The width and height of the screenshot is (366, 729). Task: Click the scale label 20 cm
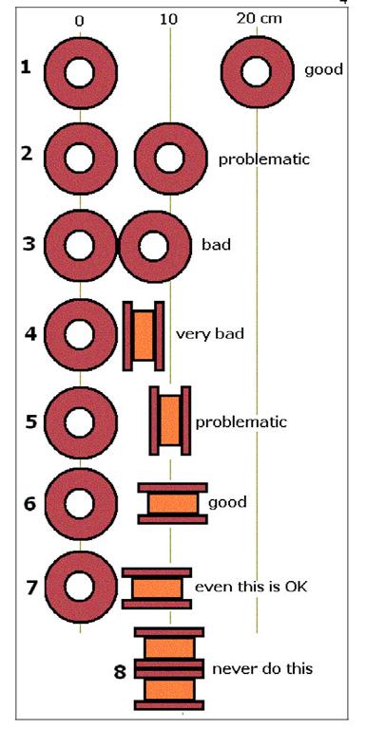tap(259, 19)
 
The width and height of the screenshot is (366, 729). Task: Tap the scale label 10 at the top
tap(168, 20)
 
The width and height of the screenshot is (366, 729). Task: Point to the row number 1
tap(26, 68)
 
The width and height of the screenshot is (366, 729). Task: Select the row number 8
tap(120, 672)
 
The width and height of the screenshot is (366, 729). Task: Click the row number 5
tap(31, 422)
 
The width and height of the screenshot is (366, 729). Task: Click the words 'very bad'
tap(209, 334)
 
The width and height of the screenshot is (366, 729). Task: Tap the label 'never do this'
tap(262, 669)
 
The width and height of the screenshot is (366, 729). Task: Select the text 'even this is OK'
tap(251, 587)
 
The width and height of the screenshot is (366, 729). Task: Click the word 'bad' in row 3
tap(216, 245)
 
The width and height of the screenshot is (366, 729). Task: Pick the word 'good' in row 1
tap(323, 69)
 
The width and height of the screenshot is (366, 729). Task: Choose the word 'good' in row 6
tap(227, 503)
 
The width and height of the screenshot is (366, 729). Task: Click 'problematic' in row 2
tap(264, 159)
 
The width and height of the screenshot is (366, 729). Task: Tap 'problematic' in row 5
tap(241, 422)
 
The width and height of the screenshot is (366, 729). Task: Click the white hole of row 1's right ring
tap(256, 72)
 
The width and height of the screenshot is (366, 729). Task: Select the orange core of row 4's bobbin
tap(144, 336)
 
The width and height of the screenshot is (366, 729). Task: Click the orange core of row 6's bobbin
tap(173, 504)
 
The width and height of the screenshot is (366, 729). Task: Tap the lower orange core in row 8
tap(169, 689)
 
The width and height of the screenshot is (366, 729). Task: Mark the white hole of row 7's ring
tap(79, 587)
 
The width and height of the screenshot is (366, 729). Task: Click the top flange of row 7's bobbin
tap(157, 572)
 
